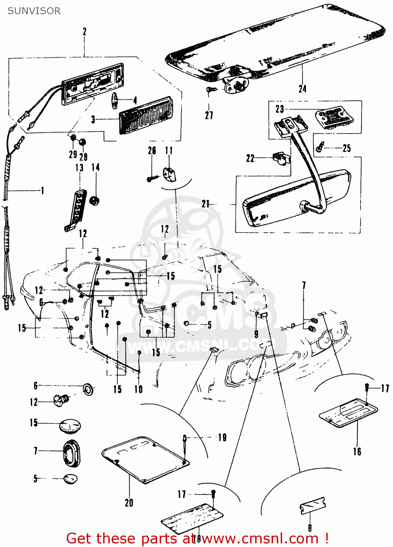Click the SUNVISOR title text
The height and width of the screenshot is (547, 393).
coord(34,11)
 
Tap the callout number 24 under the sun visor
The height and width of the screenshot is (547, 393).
coord(302,89)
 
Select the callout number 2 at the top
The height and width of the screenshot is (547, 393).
coord(85,32)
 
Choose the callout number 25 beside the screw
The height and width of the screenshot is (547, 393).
coord(346,148)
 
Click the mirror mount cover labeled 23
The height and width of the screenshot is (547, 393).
coord(334,117)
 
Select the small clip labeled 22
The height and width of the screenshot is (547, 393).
coord(281,158)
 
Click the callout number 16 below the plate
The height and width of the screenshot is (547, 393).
coord(357,451)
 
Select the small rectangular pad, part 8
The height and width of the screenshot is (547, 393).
coord(312,506)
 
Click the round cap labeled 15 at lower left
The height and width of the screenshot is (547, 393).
coord(70,426)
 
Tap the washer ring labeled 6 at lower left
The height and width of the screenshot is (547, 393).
coord(88,389)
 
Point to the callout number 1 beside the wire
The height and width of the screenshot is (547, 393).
coord(42,190)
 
